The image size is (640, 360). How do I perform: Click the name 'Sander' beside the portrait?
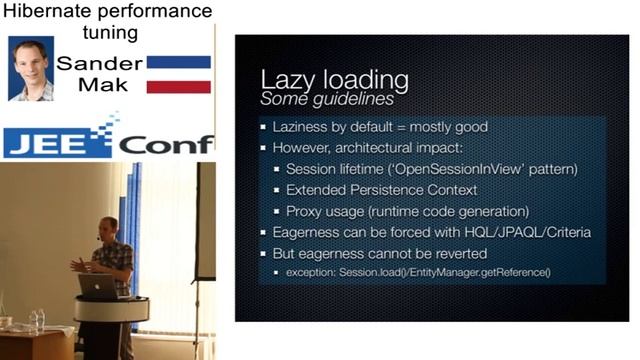[x=99, y=62]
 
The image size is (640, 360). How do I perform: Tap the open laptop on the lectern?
[x=98, y=286]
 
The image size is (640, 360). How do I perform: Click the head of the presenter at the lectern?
[x=108, y=228]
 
